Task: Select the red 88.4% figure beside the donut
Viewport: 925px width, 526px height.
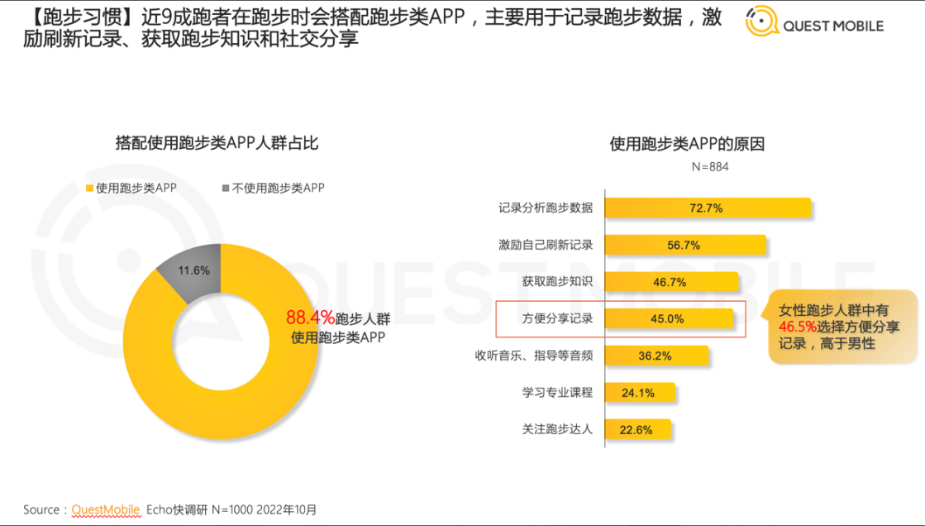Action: pos(310,317)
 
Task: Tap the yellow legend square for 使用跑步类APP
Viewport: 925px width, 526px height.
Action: pos(90,189)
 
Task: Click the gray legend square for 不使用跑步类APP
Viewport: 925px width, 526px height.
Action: pos(226,189)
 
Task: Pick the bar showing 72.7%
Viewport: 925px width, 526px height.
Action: pos(707,208)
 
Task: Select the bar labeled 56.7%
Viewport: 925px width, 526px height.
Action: pos(684,245)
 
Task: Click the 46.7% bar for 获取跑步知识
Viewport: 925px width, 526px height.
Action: pos(670,282)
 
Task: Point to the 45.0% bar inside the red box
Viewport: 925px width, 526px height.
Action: pos(668,318)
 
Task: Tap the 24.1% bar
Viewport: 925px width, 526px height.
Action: pos(639,393)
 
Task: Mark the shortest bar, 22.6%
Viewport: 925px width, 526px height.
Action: pos(637,429)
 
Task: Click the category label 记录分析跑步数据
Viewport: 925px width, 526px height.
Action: pos(546,208)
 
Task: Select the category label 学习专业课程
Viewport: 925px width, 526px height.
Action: pos(557,393)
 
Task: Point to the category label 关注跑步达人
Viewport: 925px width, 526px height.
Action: pos(557,429)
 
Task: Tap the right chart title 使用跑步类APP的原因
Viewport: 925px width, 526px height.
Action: pos(687,144)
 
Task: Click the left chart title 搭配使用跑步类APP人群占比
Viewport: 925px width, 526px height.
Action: pos(217,143)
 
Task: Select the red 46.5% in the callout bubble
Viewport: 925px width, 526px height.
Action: pos(795,328)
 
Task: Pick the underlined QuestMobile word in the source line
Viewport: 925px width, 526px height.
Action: pos(106,509)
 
